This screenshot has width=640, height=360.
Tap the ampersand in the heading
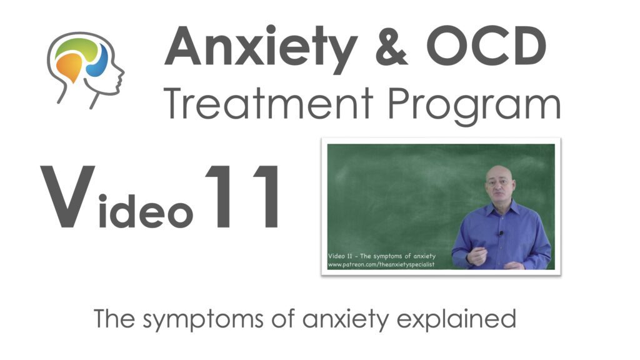(391, 46)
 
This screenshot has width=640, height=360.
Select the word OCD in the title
(486, 46)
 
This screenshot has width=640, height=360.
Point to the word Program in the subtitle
(474, 107)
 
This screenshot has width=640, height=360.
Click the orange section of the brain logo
(70, 66)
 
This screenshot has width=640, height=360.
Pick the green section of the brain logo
(77, 48)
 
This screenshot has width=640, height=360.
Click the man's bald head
(499, 176)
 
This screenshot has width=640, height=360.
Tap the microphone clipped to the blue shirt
(501, 234)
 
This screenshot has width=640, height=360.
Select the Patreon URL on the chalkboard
(381, 265)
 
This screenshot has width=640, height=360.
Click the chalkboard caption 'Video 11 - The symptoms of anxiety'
(382, 256)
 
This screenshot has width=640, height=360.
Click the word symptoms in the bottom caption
(203, 319)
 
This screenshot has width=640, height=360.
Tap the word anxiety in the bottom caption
(346, 319)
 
